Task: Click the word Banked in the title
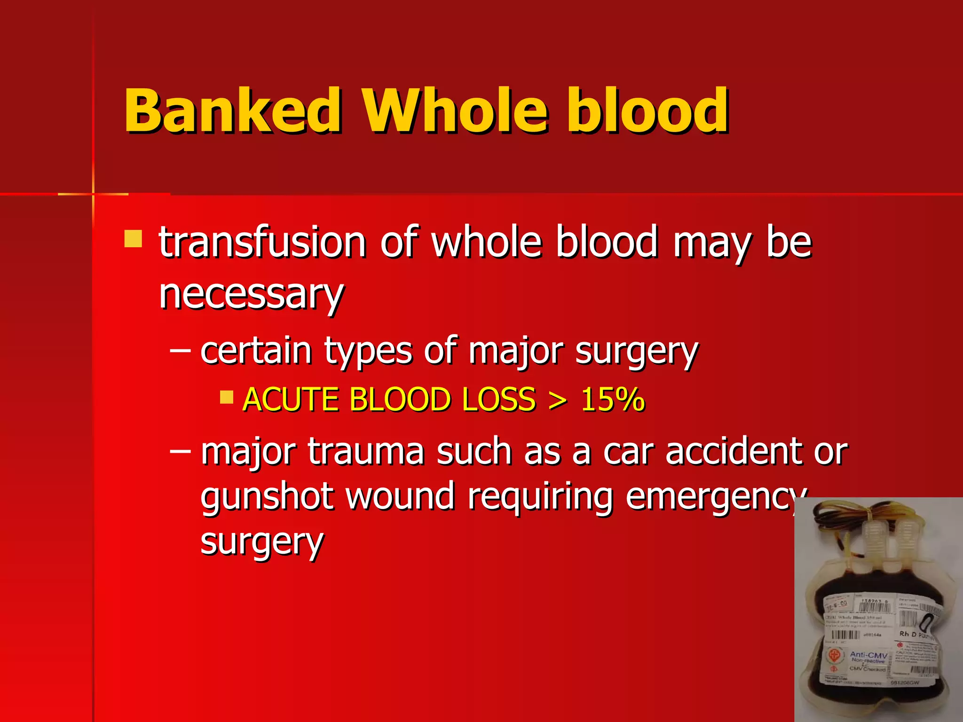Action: coord(232,111)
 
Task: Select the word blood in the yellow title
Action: coord(647,111)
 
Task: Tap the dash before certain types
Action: coord(180,350)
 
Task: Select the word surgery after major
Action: coord(637,352)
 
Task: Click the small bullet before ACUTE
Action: coord(227,398)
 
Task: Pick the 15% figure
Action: coord(612,400)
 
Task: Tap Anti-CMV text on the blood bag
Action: coord(868,655)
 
